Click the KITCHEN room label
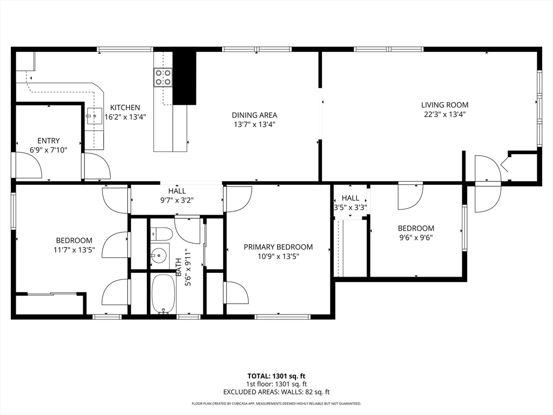(125, 108)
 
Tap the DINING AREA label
(254, 115)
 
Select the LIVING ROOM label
(445, 105)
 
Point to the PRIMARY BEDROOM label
(278, 247)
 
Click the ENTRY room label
(49, 141)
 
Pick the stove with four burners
(163, 77)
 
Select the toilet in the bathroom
(161, 234)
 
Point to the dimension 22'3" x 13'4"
(445, 114)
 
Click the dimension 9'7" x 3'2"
(177, 200)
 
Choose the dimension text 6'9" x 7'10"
(49, 150)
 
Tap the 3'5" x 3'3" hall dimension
(350, 207)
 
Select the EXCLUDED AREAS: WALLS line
(276, 392)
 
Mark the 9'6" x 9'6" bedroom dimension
(416, 237)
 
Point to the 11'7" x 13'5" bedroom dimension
(74, 250)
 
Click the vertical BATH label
(179, 265)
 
